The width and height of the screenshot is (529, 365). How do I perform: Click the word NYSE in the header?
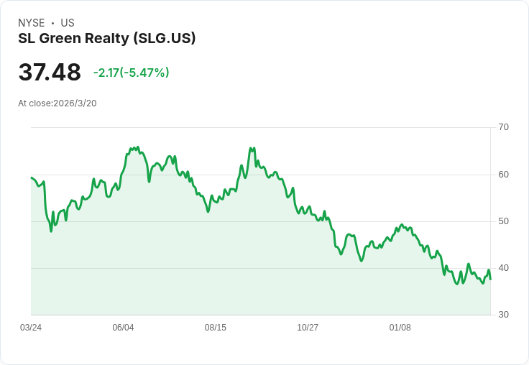coord(32,23)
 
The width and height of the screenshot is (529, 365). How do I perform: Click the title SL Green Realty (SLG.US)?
coord(107,39)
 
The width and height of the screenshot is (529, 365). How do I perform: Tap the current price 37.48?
coord(50,73)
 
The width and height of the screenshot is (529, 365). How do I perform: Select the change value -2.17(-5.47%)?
coord(131,73)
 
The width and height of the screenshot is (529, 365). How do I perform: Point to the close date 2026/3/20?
coord(75,103)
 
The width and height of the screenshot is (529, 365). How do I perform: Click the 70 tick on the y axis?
coord(503,127)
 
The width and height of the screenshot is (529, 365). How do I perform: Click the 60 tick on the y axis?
coord(503,175)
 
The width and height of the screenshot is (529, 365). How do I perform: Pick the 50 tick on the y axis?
coord(503,221)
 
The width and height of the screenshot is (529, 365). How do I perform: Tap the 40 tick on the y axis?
coord(503,268)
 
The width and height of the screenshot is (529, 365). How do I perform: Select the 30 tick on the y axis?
coord(503,315)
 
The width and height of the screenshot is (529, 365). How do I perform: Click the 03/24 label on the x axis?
coord(31,328)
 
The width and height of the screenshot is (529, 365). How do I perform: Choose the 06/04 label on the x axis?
coord(123,328)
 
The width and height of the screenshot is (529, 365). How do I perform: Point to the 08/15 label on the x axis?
coord(215,328)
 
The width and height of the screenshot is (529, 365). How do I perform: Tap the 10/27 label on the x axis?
coord(308,328)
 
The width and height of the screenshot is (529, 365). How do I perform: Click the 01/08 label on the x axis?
coord(400,328)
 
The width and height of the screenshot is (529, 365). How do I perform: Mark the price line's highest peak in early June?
coord(137,147)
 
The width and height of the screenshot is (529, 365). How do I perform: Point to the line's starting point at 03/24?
coord(32,177)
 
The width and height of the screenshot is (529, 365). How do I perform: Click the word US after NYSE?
coord(68,23)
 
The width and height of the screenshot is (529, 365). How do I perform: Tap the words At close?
coord(34,103)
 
